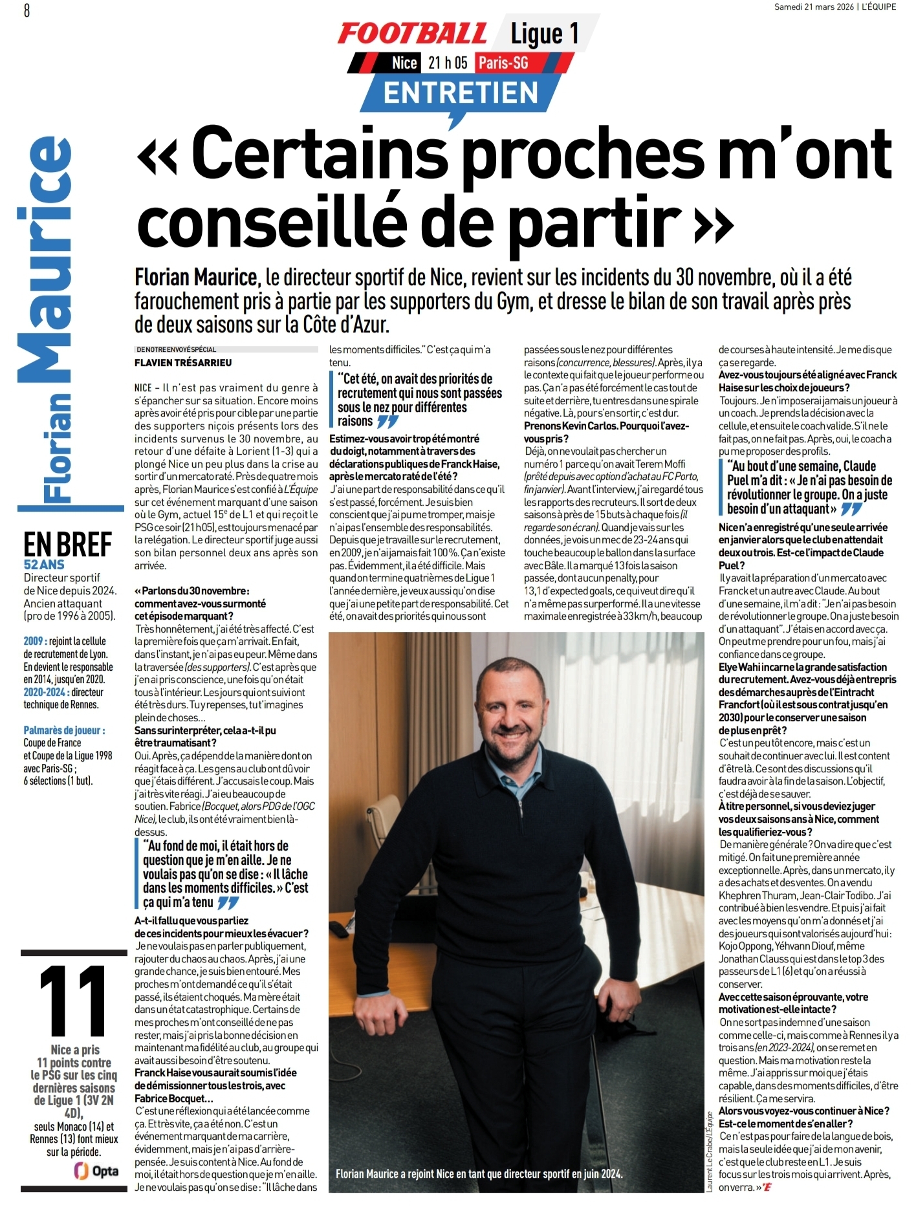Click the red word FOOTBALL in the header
tap(412, 34)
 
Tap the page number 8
tap(27, 10)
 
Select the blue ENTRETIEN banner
tap(461, 92)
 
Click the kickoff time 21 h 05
tap(448, 63)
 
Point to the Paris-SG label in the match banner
tap(503, 63)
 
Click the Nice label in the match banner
tap(404, 63)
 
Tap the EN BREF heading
tap(67, 545)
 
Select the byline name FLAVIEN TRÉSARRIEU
tap(183, 363)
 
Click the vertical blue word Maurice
tap(45, 259)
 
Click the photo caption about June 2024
tap(479, 1173)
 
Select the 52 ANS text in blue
tap(44, 565)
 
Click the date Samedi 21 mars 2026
tap(814, 7)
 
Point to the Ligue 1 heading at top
tap(545, 34)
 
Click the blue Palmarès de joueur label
tap(64, 730)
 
